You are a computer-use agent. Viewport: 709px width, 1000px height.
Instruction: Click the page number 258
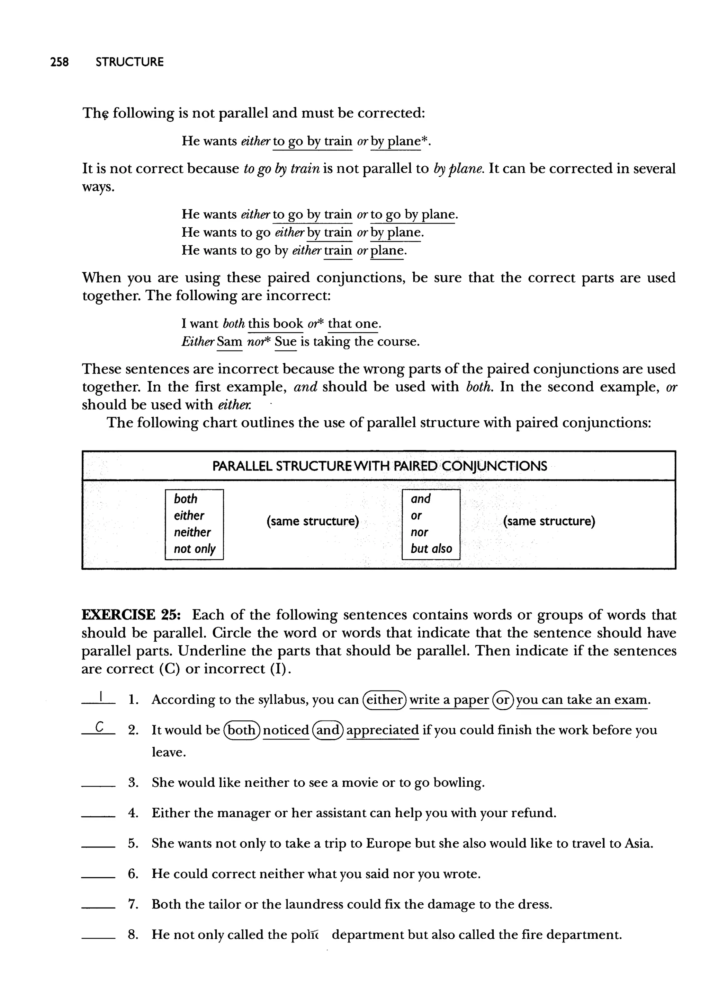tap(60, 62)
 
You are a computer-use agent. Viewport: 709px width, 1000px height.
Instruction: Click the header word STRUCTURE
tap(130, 62)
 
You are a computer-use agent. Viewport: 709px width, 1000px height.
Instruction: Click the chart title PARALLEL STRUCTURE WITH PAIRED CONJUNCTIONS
tap(379, 466)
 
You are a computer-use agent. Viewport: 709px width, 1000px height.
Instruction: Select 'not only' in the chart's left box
tap(194, 549)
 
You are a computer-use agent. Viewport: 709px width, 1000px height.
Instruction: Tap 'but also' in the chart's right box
tap(431, 549)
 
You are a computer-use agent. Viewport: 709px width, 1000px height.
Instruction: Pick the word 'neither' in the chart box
tap(192, 532)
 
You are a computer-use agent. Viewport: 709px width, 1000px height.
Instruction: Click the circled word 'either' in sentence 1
tap(385, 700)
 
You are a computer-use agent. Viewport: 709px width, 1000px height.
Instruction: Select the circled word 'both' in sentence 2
tap(241, 730)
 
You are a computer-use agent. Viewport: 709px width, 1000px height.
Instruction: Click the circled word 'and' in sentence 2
tap(328, 730)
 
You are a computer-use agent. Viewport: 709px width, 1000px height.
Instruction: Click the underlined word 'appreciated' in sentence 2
tap(383, 730)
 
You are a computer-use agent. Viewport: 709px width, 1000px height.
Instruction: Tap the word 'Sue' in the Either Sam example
tap(286, 342)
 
